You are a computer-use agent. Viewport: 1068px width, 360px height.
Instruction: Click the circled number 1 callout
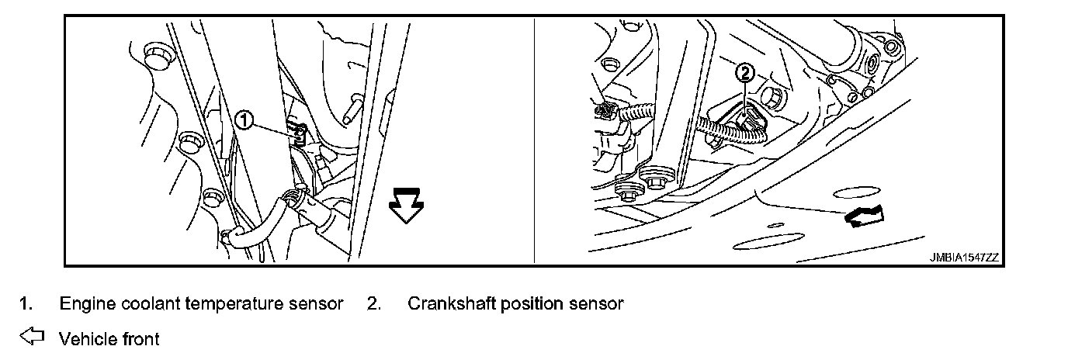click(244, 119)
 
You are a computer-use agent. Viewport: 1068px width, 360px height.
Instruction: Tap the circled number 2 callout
click(744, 74)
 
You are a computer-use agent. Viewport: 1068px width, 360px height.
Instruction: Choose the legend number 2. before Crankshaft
click(373, 304)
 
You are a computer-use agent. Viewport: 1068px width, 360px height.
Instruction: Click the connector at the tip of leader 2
click(748, 120)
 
